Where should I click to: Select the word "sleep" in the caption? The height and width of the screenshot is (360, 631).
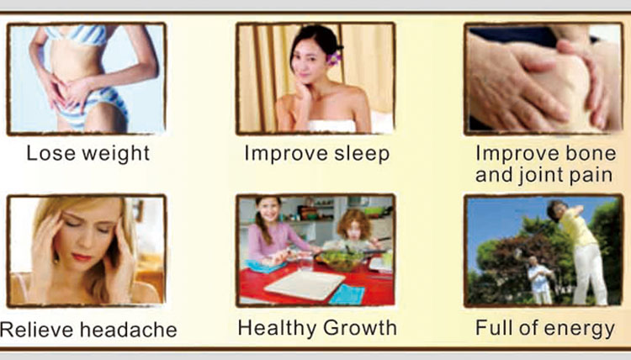click(x=362, y=155)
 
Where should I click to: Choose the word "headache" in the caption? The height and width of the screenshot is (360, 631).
click(x=129, y=330)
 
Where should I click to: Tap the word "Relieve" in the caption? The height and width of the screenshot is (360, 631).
click(x=37, y=330)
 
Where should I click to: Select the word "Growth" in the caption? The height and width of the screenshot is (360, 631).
click(x=359, y=327)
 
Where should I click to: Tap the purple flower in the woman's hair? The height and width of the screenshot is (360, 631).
click(x=334, y=59)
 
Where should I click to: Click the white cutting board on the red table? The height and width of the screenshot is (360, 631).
click(x=305, y=284)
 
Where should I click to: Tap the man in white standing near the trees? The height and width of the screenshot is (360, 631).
click(x=539, y=280)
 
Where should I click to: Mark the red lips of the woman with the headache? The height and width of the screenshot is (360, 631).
click(x=82, y=257)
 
